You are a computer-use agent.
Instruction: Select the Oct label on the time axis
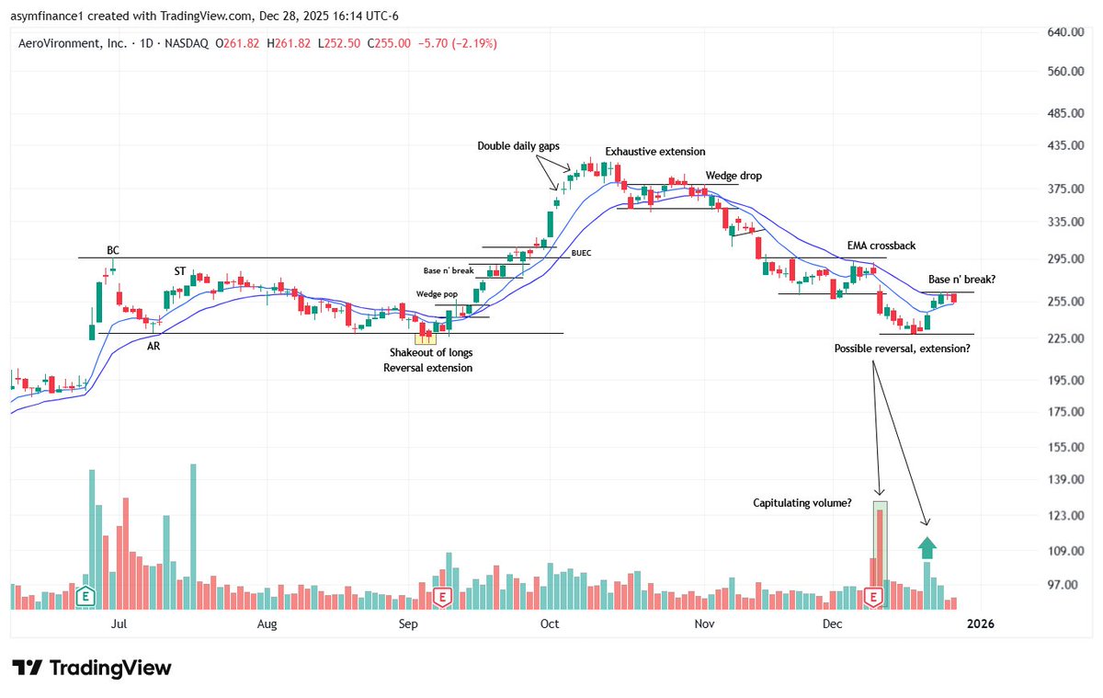pos(549,624)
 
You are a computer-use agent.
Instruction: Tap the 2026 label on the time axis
pos(980,624)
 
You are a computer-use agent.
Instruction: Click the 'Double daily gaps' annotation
pos(517,145)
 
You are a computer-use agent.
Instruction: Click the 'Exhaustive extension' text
pos(654,151)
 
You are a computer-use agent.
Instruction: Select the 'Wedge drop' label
pos(733,176)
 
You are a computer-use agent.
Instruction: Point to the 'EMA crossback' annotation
pos(881,246)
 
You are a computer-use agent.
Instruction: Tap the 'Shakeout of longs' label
pos(430,352)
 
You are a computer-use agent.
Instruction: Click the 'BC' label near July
pos(112,250)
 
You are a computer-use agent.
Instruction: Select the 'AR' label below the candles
pos(154,346)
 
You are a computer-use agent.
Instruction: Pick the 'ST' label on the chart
pos(181,271)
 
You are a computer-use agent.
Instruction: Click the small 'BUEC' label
pos(581,252)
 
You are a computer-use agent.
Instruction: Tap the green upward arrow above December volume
pos(927,548)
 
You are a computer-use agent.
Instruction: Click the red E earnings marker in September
pos(442,598)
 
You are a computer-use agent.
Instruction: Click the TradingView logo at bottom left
pos(92,668)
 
